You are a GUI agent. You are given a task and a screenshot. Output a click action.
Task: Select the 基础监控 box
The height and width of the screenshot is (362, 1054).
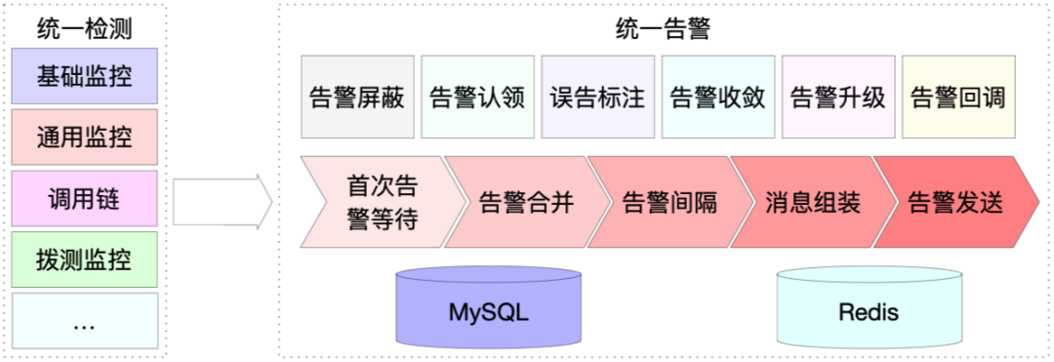tap(84, 76)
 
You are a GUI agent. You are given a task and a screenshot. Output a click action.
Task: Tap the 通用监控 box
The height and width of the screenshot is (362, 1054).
tap(84, 137)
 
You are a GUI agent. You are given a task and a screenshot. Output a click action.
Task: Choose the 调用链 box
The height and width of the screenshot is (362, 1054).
tap(84, 198)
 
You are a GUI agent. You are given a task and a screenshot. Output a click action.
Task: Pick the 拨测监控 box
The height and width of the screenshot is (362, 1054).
tap(84, 260)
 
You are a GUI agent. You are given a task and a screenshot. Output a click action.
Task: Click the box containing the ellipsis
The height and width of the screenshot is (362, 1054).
tap(84, 321)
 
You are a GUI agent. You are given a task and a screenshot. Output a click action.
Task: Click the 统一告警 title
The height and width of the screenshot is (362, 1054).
tap(663, 28)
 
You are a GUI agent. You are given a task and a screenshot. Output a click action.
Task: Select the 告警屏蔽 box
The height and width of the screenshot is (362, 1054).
tap(356, 98)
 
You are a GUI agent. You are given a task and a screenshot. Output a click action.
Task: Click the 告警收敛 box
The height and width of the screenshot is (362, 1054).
tap(717, 98)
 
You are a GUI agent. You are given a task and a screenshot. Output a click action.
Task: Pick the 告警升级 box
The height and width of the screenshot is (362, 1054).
tap(837, 98)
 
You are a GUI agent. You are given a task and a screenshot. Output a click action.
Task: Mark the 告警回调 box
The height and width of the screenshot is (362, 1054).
tap(957, 98)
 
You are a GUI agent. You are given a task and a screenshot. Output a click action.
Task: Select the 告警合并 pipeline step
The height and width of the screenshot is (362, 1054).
tap(519, 202)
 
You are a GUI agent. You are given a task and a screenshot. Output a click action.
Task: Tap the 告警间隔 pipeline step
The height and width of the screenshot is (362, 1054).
tap(664, 202)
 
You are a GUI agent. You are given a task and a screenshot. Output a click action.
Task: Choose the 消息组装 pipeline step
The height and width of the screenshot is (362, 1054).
tap(807, 202)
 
